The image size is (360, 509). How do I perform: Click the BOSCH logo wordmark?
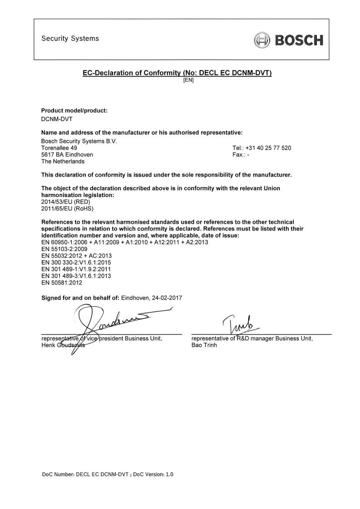pos(297,40)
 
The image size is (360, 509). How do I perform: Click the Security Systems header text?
pos(70,39)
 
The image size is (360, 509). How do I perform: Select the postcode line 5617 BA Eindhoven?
pos(67,155)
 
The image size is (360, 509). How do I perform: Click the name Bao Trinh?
pos(204,345)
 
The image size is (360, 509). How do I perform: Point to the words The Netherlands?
pos(63,161)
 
